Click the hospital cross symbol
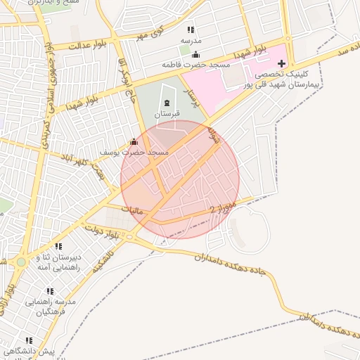coord(282,64)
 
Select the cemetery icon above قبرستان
coord(167,103)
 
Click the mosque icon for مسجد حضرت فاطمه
coord(195,55)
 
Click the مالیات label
coord(131,210)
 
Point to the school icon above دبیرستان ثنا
coord(58,247)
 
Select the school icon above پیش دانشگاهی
coord(29,340)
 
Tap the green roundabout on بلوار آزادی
coord(21,262)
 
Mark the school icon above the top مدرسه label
coord(190,30)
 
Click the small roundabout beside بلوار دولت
coord(129,236)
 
